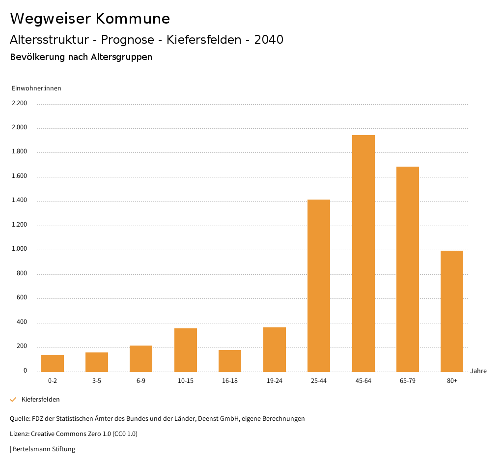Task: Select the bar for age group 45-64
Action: (363, 253)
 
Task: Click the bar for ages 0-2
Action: (53, 363)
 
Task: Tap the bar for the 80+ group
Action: (452, 311)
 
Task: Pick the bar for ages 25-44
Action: (319, 286)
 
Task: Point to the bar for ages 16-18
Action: (230, 361)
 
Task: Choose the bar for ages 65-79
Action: (408, 269)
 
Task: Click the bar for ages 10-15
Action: (186, 350)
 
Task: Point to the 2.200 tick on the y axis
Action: (19, 103)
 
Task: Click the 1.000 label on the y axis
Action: (19, 249)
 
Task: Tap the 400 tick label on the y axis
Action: (22, 322)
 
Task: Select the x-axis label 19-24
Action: (275, 381)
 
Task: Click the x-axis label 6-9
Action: (141, 381)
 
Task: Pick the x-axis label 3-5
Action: (97, 381)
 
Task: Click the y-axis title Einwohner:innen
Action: (36, 88)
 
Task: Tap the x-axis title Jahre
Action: (478, 371)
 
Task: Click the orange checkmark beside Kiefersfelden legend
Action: (13, 400)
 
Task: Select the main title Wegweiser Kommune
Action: (90, 19)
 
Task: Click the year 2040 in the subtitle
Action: (269, 40)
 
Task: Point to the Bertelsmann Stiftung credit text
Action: (44, 449)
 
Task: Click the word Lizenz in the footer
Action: (19, 434)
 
